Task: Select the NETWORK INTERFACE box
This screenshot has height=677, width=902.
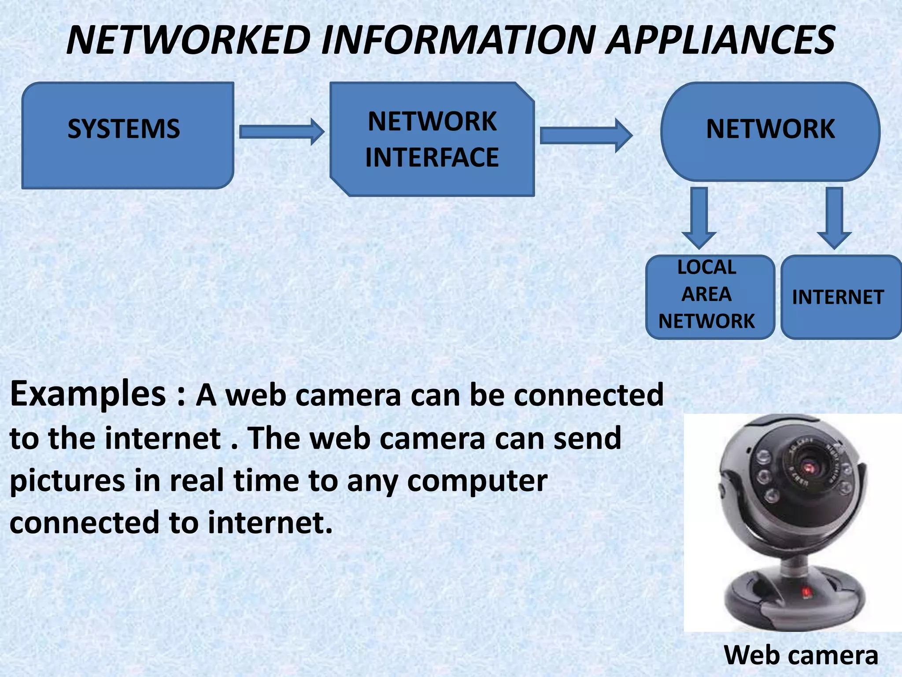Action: pos(432,139)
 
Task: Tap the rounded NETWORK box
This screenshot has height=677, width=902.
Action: pos(770,131)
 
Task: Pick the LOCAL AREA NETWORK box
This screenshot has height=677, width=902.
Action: pos(710,297)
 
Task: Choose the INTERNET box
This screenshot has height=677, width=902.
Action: pos(840,297)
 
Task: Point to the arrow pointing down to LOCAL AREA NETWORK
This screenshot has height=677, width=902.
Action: pos(699,217)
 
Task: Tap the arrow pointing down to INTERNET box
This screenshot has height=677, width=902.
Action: pos(834,217)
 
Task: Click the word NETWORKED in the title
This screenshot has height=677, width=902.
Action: pos(189,40)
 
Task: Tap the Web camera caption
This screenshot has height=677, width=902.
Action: pos(801,655)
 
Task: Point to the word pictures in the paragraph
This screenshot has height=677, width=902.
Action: pos(67,481)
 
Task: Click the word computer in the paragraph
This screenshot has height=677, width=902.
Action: pos(477,481)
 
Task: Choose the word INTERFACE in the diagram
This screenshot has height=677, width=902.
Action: pos(432,157)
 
